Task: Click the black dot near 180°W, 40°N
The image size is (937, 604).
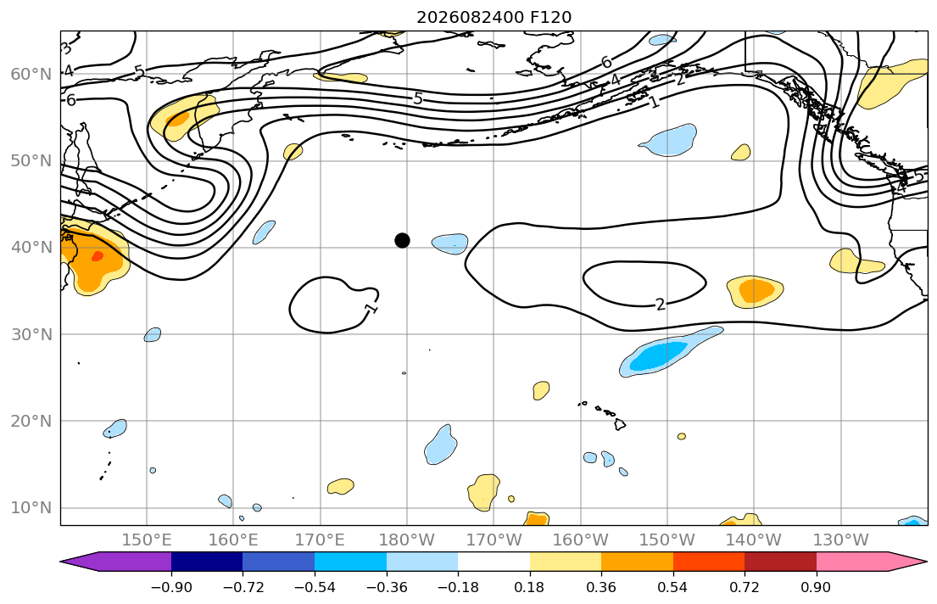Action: [x=402, y=240]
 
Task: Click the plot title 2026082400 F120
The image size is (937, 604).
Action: [x=494, y=17]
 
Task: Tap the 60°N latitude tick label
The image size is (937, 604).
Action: [x=31, y=74]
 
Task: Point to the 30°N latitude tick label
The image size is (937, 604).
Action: [x=31, y=334]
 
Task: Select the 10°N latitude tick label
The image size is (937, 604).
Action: [x=31, y=508]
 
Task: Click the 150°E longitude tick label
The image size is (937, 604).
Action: [x=147, y=540]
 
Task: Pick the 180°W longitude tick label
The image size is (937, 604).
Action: [x=407, y=540]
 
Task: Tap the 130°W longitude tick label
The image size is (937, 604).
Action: [x=841, y=540]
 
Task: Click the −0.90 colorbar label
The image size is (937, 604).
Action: [x=171, y=587]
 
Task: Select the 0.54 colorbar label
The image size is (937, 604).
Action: [x=672, y=587]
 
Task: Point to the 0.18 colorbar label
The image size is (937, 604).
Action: [x=529, y=587]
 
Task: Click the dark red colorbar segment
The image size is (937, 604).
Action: [x=780, y=562]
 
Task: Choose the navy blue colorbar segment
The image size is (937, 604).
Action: [x=207, y=562]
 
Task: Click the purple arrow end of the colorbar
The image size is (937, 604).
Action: [x=116, y=562]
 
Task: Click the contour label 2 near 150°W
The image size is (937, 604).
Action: [x=660, y=305]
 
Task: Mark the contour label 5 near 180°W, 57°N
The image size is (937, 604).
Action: [x=418, y=98]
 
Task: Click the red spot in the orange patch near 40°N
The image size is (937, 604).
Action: [x=98, y=256]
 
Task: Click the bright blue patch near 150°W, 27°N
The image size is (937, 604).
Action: [x=659, y=355]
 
